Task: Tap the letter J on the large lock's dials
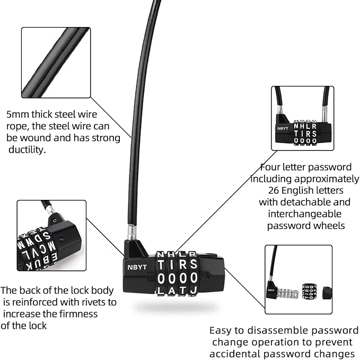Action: coord(193,291)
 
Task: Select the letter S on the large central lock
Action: coord(193,265)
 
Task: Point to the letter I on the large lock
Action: coord(171,265)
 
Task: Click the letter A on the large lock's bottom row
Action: coord(171,291)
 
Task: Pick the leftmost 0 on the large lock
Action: coord(160,278)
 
